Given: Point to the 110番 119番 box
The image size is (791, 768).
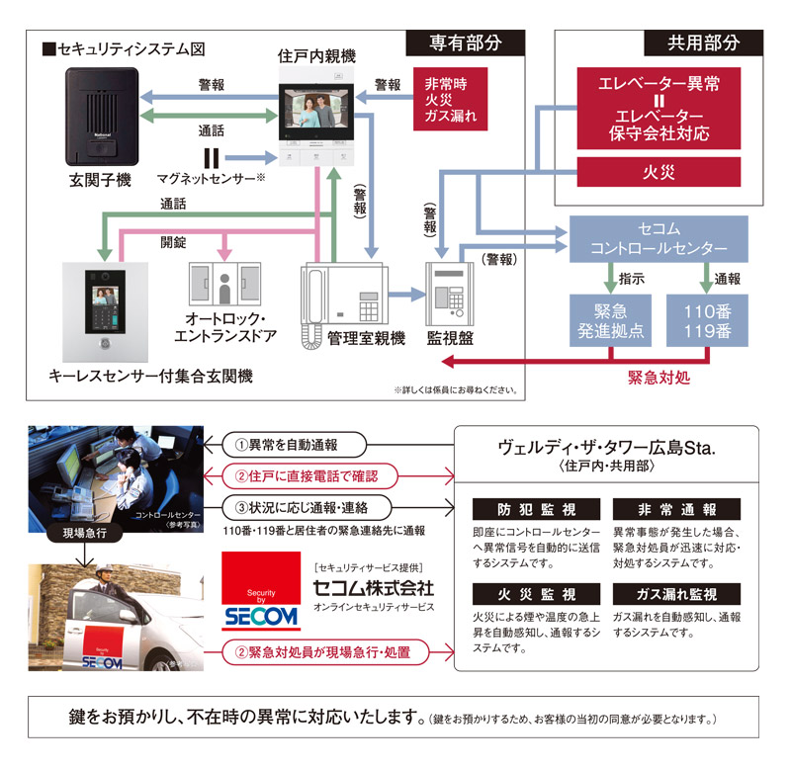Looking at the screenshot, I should click(x=706, y=320).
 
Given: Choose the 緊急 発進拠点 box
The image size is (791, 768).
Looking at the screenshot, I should click(x=611, y=320).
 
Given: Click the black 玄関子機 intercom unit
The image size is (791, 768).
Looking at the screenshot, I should click(x=100, y=117).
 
